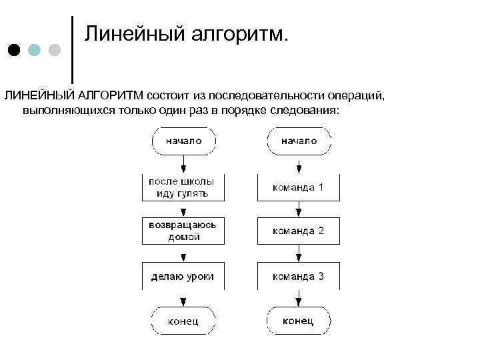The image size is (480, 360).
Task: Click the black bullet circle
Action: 15,50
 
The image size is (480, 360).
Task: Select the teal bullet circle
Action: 35,50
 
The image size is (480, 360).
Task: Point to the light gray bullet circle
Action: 55,50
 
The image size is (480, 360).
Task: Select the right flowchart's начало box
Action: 299,141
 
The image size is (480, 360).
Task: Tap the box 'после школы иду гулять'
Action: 183,187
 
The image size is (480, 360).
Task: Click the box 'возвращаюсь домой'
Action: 183,231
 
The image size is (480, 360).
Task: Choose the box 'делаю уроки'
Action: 183,275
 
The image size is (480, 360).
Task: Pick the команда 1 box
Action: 299,187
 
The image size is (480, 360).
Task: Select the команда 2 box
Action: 299,231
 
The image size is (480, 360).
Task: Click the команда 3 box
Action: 299,275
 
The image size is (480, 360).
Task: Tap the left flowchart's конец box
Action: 183,321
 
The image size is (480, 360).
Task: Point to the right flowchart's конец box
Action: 299,321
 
